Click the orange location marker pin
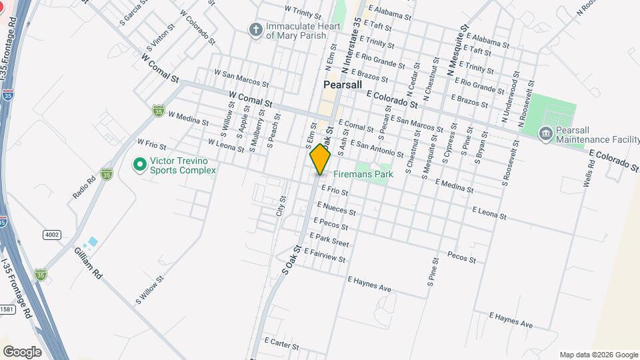point(321,159)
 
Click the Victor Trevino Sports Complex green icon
point(139,163)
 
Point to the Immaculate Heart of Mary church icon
point(255,29)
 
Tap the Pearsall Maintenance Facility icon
point(545,133)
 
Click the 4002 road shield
point(51,234)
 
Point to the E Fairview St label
point(325,255)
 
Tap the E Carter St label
point(281,343)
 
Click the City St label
point(281,206)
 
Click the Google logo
point(22,351)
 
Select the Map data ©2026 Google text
point(598,355)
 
